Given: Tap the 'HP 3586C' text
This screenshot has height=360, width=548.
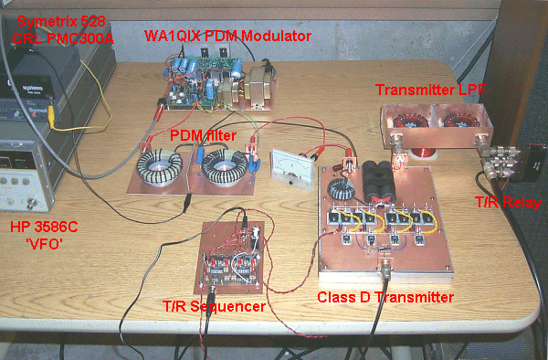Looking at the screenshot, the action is pyautogui.click(x=41, y=227).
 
